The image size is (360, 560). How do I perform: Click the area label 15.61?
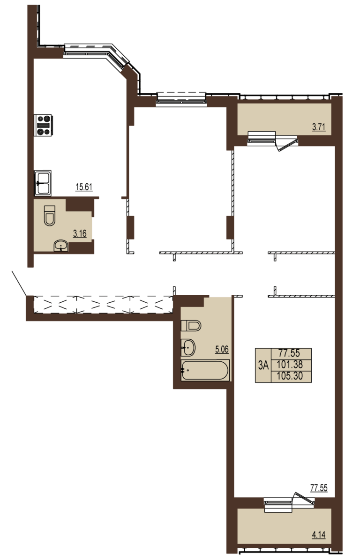tap(84, 187)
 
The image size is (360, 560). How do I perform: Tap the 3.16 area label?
tap(80, 233)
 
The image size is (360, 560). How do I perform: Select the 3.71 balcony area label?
tap(319, 127)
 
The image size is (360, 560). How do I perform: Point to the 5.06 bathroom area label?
tap(222, 349)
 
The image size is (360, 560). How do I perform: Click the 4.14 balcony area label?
tap(319, 535)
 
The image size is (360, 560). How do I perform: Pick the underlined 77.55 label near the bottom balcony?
tap(319, 487)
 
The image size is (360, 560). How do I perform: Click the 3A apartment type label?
tap(263, 365)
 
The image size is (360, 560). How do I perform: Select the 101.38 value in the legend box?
tap(290, 364)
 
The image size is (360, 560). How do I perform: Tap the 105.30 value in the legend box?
tap(290, 376)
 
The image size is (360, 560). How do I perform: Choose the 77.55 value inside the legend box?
tap(289, 353)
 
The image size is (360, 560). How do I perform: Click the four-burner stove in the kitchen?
tap(43, 125)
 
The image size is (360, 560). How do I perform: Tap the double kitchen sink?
tap(43, 183)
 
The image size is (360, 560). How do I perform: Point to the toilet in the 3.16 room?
tap(50, 216)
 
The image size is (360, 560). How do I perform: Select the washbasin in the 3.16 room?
tap(61, 246)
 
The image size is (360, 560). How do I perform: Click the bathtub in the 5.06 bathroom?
tap(205, 370)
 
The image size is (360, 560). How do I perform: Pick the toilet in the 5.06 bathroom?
tap(191, 326)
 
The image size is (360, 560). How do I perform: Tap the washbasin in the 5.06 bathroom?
tap(188, 348)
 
